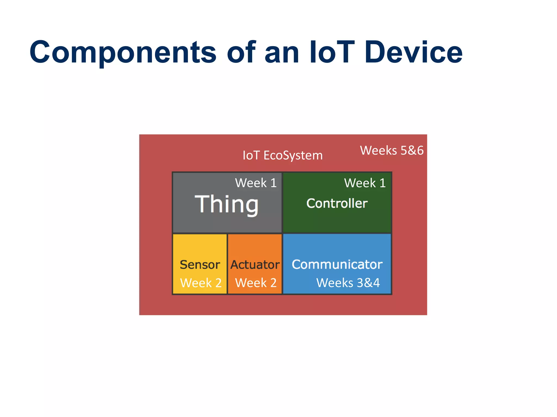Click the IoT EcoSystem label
coord(283,155)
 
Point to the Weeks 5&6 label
coord(392,150)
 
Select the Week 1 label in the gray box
coord(256,183)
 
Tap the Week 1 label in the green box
coord(365,183)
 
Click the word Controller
coord(337,203)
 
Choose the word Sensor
coord(200,265)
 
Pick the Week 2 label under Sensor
coord(201,283)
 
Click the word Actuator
coord(255,265)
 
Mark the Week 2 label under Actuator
coord(256,283)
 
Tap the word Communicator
coord(337,264)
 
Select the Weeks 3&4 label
coord(348,283)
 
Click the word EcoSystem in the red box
coord(293,156)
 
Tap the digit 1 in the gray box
coord(273,183)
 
